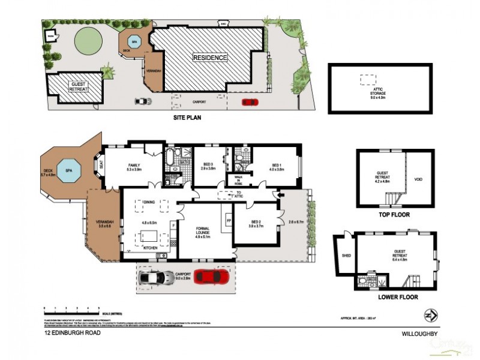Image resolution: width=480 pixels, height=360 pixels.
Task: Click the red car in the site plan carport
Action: [x=250, y=102]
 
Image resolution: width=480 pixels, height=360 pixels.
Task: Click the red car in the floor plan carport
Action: [x=212, y=277]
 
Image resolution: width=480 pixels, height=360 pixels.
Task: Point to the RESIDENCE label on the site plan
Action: [x=210, y=58]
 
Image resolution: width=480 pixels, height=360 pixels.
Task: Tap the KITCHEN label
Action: [x=149, y=247]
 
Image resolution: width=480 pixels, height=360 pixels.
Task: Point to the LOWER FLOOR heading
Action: [x=398, y=297]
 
